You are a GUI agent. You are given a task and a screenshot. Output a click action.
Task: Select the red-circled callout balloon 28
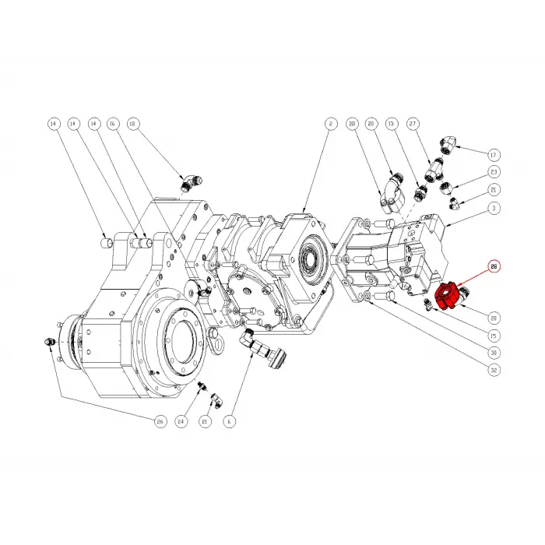[x=494, y=266]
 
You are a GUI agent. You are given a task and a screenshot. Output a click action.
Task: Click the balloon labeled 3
[x=494, y=209]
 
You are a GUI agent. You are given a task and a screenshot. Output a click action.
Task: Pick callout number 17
[x=494, y=152]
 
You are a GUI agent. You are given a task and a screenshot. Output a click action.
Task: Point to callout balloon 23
[x=494, y=171]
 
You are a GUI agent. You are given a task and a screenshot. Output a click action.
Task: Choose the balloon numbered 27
[x=434, y=124]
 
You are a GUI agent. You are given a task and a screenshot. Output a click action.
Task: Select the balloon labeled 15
[x=494, y=336]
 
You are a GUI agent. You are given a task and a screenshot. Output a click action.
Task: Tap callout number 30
[x=494, y=353]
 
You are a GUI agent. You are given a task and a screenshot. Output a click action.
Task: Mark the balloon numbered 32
[x=494, y=371]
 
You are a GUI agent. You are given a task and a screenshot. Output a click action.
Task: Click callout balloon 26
[x=160, y=421]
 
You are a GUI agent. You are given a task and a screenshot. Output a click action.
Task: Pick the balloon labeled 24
[x=182, y=421]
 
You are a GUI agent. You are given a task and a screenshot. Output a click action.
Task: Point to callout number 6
[x=229, y=421]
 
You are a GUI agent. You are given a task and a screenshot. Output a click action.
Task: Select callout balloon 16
[x=112, y=124]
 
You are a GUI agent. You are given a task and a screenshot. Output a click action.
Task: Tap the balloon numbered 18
[x=132, y=124]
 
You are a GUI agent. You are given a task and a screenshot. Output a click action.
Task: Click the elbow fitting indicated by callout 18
[x=189, y=182]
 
